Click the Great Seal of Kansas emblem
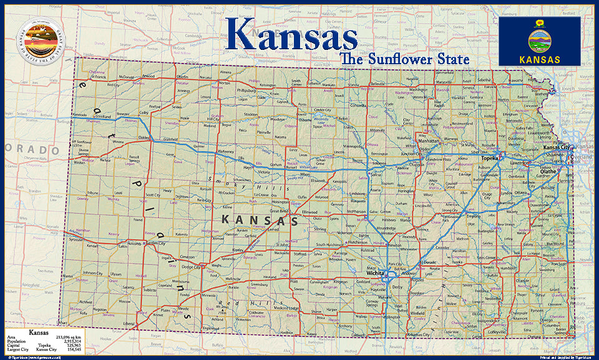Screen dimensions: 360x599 point(40,39)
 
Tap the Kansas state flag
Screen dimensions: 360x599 point(539,41)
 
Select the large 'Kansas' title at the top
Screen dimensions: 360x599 point(291,34)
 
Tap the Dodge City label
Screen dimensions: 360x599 point(190,267)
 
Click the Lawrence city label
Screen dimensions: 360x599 point(522,163)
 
